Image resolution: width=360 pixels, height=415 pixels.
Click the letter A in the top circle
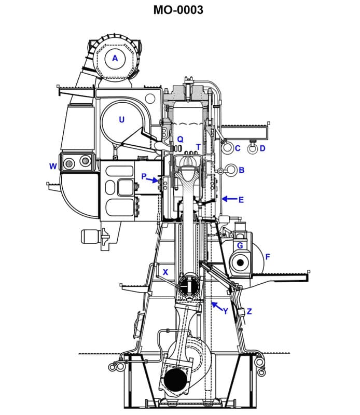pyautogui.click(x=115, y=59)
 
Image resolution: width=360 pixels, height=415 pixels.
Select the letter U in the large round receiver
pyautogui.click(x=121, y=120)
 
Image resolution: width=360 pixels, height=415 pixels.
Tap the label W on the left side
pyautogui.click(x=52, y=166)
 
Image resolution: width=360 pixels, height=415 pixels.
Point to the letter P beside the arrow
pyautogui.click(x=144, y=176)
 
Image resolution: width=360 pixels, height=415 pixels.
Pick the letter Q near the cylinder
pyautogui.click(x=180, y=139)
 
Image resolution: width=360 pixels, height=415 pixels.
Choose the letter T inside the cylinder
pyautogui.click(x=198, y=147)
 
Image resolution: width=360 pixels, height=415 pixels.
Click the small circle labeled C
pyautogui.click(x=227, y=148)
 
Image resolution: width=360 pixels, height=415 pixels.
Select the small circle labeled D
pyautogui.click(x=252, y=149)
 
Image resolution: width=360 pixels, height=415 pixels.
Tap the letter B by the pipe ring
pyautogui.click(x=241, y=170)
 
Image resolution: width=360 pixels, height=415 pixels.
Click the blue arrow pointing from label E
pyautogui.click(x=228, y=199)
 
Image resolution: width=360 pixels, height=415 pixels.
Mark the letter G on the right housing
pyautogui.click(x=240, y=245)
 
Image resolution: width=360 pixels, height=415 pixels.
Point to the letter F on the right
pyautogui.click(x=268, y=256)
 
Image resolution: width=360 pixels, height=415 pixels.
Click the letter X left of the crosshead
pyautogui.click(x=165, y=272)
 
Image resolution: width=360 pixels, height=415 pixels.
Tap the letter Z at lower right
pyautogui.click(x=249, y=311)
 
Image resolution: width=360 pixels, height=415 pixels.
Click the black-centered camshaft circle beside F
pyautogui.click(x=240, y=262)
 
